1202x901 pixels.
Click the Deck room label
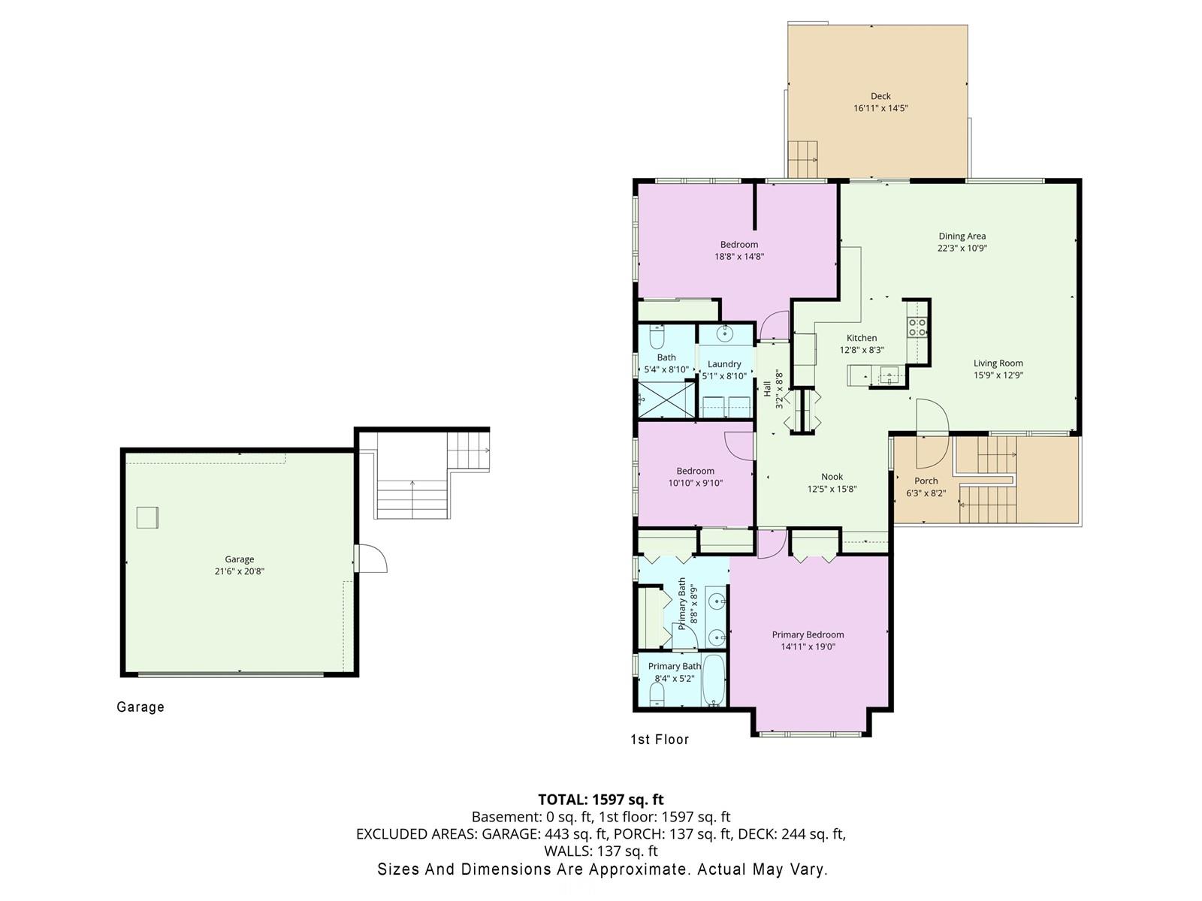coord(880,96)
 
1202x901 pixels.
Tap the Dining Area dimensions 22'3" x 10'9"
coord(962,248)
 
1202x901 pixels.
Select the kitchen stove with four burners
coord(917,327)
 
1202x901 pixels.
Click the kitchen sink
coord(889,376)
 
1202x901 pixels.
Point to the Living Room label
coord(998,363)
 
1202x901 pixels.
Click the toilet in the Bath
coord(656,336)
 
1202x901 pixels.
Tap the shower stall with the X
coord(666,400)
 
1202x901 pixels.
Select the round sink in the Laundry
coord(725,333)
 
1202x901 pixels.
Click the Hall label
coord(767,389)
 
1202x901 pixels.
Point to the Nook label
coord(832,477)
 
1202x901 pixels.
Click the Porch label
coord(926,481)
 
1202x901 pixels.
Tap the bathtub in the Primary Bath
coord(714,680)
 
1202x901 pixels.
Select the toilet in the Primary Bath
coord(657,695)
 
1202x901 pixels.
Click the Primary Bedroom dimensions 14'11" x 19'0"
coord(808,646)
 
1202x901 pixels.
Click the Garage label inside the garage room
coord(240,559)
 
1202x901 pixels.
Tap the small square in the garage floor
coord(147,517)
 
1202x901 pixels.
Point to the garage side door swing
coord(373,559)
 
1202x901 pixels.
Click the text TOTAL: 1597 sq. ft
coord(601,800)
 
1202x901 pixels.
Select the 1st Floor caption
coord(660,740)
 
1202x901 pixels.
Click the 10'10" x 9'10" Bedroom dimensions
coord(696,483)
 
